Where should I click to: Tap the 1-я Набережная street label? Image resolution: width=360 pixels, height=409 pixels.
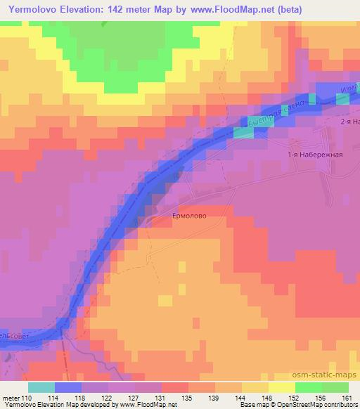(316, 155)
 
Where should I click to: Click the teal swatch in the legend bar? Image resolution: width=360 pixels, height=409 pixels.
(41, 387)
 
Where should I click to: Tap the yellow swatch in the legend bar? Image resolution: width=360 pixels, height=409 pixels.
(282, 387)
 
